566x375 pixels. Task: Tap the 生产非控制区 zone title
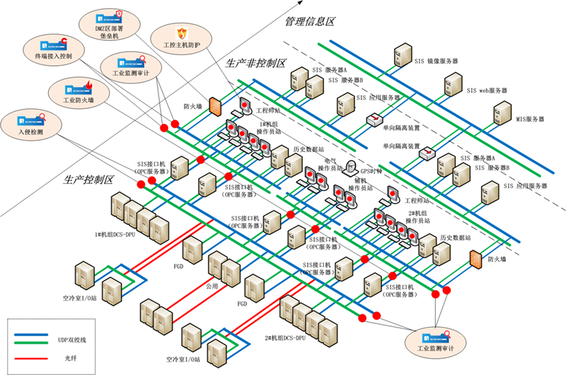click(x=255, y=64)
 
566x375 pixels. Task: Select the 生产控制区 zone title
click(x=88, y=180)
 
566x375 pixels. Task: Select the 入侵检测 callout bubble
click(x=30, y=124)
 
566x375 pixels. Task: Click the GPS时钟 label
click(x=371, y=171)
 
